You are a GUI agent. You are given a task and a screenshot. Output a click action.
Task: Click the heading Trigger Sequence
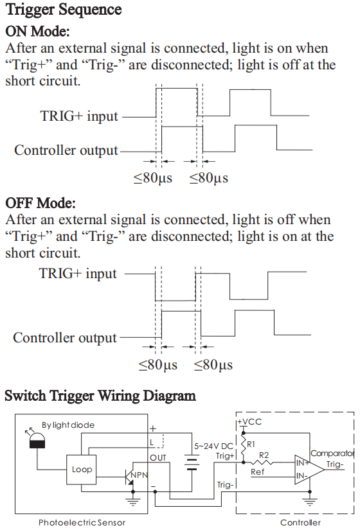click(x=64, y=9)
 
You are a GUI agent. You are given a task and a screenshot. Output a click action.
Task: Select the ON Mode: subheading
click(x=37, y=31)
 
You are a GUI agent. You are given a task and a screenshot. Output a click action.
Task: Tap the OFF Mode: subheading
click(x=40, y=203)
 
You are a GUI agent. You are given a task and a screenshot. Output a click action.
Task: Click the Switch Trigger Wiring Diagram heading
click(x=100, y=396)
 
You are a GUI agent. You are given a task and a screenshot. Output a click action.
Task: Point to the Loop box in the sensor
click(x=81, y=470)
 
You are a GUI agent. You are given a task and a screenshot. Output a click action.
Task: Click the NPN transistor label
click(x=139, y=475)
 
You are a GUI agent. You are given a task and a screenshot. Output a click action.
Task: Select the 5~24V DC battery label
click(x=213, y=446)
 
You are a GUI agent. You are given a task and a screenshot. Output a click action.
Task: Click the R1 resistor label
click(x=251, y=444)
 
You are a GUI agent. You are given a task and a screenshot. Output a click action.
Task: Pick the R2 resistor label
click(x=264, y=455)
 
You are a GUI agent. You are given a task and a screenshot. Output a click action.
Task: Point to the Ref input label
click(x=258, y=472)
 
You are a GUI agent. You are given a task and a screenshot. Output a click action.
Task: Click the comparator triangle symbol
click(x=309, y=470)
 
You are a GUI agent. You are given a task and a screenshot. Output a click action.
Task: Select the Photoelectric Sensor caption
click(x=82, y=523)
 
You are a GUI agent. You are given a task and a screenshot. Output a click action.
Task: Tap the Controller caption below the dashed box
click(x=300, y=523)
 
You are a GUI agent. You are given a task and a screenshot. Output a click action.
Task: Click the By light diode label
click(x=68, y=425)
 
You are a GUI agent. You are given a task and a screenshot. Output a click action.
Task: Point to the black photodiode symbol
click(x=37, y=441)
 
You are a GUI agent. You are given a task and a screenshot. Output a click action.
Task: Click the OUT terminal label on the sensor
click(x=157, y=457)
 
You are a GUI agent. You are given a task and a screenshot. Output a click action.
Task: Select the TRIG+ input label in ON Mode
click(x=79, y=116)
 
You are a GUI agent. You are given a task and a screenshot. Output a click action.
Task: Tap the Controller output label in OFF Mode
click(x=65, y=338)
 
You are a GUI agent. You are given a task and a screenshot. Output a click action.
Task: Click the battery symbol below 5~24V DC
click(x=192, y=462)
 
